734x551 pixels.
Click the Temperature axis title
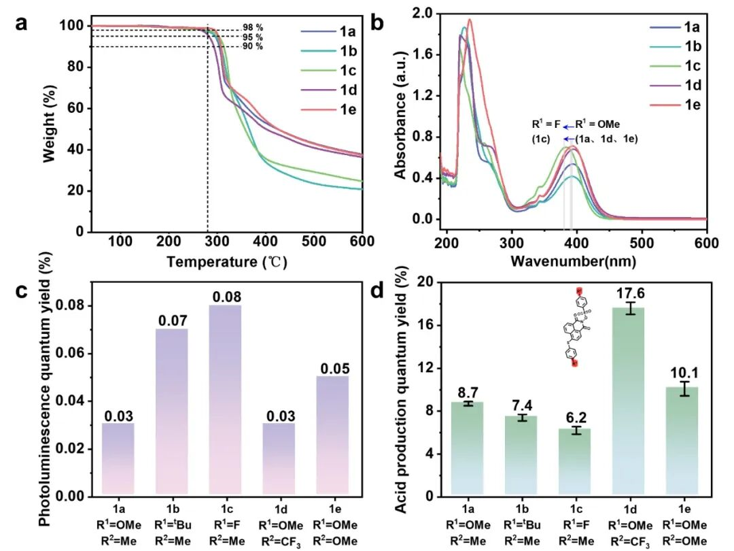(x=221, y=261)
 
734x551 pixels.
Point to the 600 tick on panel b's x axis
(x=707, y=243)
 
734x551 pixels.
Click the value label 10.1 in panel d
(x=686, y=373)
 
